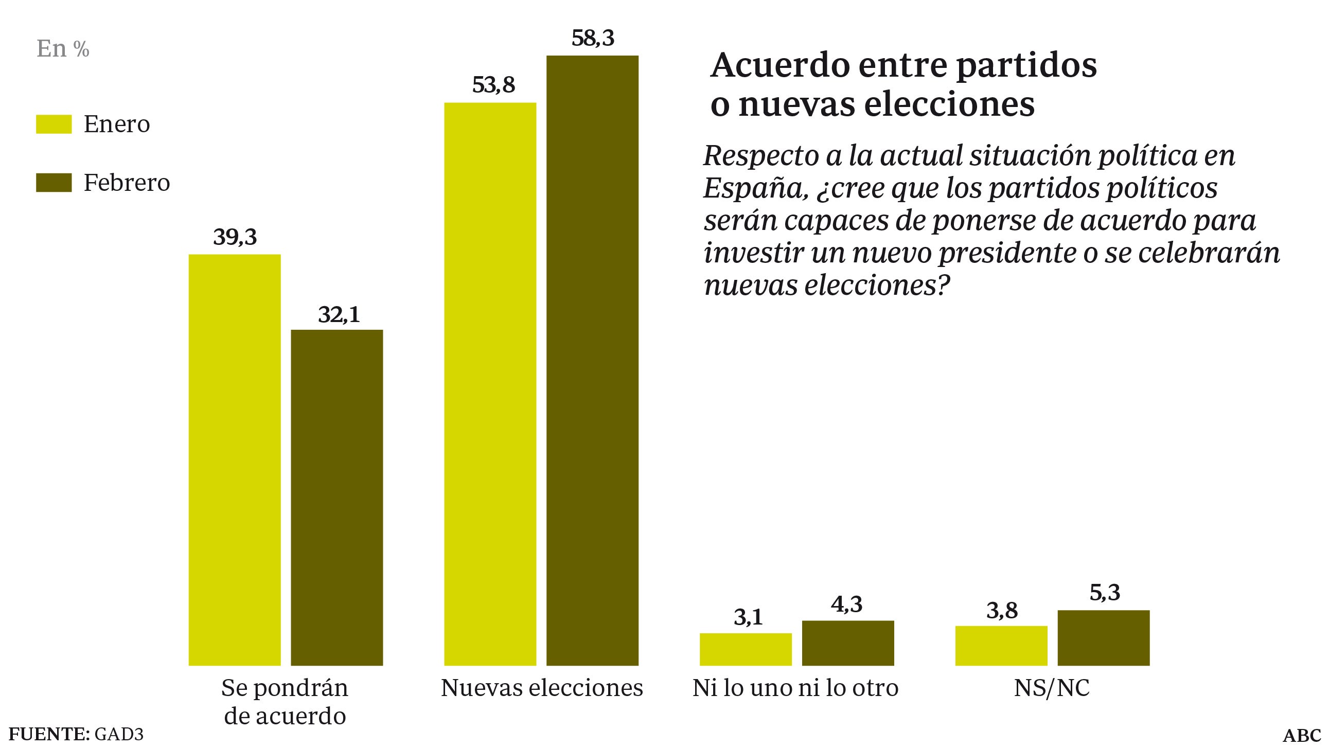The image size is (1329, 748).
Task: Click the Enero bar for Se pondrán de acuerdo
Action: (x=235, y=459)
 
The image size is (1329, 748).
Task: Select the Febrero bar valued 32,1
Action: (x=337, y=497)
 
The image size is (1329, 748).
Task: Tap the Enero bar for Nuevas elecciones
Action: (x=490, y=384)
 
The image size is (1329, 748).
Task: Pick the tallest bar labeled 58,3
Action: (x=592, y=360)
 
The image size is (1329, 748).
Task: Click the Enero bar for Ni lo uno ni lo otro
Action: (x=746, y=649)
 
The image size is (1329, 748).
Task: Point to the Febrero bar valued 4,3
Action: (x=847, y=643)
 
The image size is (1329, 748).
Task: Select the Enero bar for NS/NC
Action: (x=1001, y=645)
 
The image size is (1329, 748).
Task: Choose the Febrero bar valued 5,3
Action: (x=1104, y=637)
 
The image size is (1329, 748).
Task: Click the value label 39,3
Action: (x=235, y=237)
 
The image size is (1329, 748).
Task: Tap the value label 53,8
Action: (x=493, y=85)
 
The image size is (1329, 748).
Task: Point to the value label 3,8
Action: (x=1002, y=611)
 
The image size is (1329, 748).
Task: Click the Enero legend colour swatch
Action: (x=54, y=124)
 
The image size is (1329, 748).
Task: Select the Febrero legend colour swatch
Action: (x=54, y=183)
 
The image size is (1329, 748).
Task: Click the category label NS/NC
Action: (x=1052, y=688)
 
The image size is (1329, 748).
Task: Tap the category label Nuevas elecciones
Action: (x=542, y=688)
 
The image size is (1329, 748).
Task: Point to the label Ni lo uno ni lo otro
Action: (x=795, y=688)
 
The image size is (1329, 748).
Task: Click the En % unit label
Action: (x=63, y=49)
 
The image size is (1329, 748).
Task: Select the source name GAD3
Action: (x=118, y=734)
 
